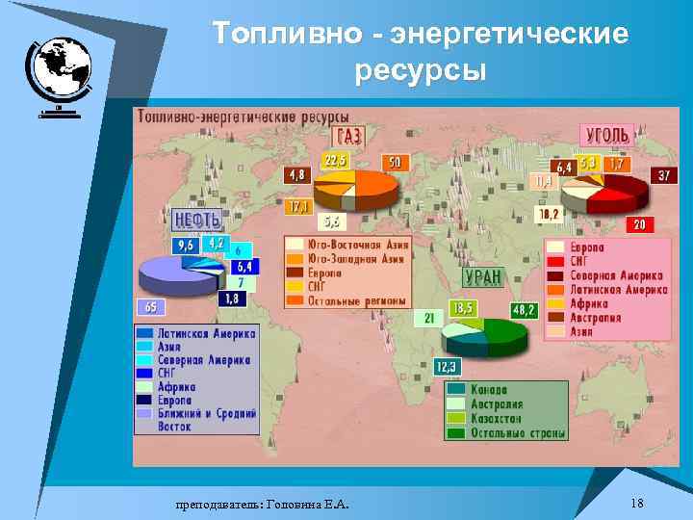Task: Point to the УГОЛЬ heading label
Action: pos(604,134)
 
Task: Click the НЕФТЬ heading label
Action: pos(197,219)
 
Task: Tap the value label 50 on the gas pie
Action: pos(394,162)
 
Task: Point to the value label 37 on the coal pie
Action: pos(664,175)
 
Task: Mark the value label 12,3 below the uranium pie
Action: pos(447,366)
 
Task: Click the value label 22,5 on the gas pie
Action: pos(335,160)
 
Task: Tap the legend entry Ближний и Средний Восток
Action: pos(197,420)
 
